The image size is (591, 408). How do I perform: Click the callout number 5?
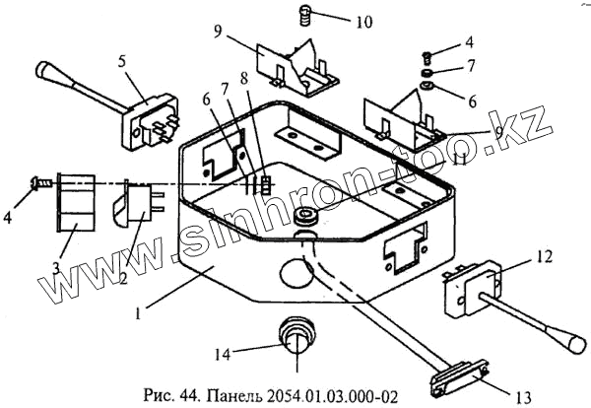(122, 61)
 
